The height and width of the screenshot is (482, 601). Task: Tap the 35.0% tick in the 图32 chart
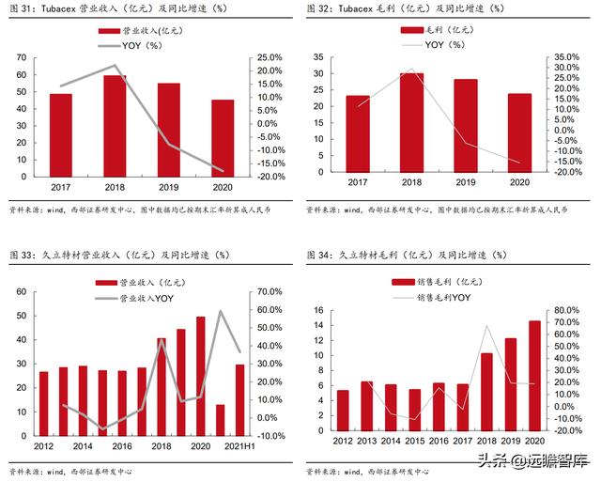coord(566,56)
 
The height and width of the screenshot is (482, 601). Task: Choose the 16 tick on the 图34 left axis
coord(317,311)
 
